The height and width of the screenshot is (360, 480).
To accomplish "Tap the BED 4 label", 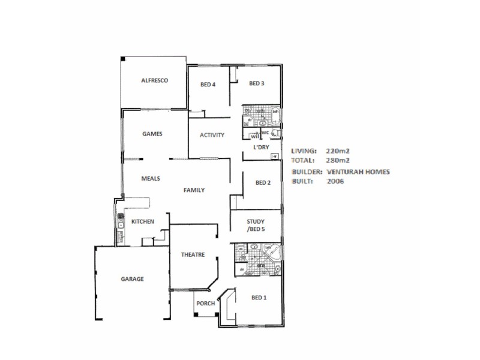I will point(208,85).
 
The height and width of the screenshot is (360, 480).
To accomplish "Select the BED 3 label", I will point(256,83).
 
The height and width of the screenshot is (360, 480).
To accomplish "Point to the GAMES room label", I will point(152,134).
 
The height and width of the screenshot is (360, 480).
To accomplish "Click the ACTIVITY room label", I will point(212,135).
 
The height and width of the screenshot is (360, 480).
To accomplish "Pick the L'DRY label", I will point(261,147).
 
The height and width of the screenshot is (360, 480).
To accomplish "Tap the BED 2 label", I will point(263,183).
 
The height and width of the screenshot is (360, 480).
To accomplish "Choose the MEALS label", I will point(149,178).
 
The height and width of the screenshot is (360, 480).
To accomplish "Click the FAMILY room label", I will point(194,190).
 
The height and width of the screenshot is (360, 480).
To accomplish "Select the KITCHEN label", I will point(143,221).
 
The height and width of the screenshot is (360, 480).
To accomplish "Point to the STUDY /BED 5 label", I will point(256,226).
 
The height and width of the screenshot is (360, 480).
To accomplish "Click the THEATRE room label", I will point(193,254).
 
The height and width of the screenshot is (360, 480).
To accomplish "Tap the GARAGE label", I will point(132,279).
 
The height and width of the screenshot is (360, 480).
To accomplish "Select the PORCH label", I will point(205,303).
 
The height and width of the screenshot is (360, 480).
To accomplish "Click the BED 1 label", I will point(259,298).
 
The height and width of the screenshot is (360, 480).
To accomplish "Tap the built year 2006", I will point(335,181).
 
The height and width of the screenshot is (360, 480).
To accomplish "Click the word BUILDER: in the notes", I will point(307,172).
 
